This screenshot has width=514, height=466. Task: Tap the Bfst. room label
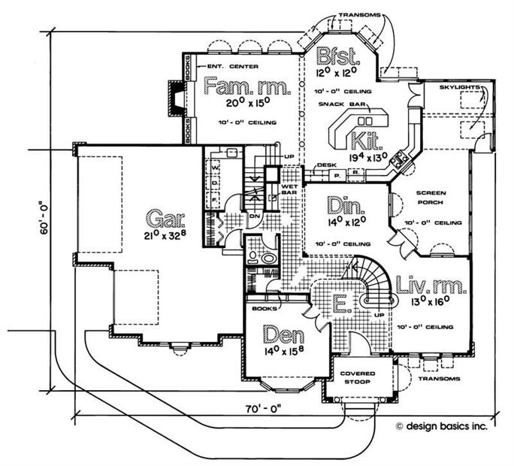(x=335, y=57)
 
